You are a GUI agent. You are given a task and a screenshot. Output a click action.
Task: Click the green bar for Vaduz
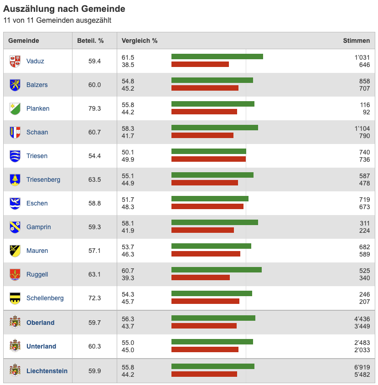pyautogui.click(x=217, y=56)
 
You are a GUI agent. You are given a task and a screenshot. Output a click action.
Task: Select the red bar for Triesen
pyautogui.click(x=208, y=159)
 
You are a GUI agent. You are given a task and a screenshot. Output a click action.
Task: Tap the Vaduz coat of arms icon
pyautogui.click(x=15, y=61)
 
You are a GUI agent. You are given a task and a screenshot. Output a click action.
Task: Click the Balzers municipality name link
pyautogui.click(x=37, y=85)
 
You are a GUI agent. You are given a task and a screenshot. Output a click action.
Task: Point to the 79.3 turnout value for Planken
pyautogui.click(x=94, y=108)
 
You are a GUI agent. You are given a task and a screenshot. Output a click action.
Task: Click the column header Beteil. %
pyautogui.click(x=90, y=41)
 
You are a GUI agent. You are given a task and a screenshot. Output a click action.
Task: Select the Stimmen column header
pyautogui.click(x=356, y=41)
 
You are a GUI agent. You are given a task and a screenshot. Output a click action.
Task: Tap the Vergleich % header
pyautogui.click(x=140, y=41)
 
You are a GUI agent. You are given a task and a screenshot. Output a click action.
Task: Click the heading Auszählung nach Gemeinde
pyautogui.click(x=64, y=9)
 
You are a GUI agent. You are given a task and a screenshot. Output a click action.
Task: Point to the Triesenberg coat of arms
pyautogui.click(x=15, y=180)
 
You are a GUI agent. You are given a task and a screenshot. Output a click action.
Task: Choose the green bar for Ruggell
pyautogui.click(x=216, y=270)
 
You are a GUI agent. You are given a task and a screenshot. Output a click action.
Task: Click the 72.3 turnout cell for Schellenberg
pyautogui.click(x=94, y=298)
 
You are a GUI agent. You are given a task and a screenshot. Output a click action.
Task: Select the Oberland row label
pyautogui.click(x=40, y=323)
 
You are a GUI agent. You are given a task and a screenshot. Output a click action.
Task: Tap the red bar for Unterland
pyautogui.click(x=205, y=349)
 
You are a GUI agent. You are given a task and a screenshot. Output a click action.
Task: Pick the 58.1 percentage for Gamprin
pyautogui.click(x=128, y=223)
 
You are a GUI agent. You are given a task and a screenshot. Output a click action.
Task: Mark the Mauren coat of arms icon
pyautogui.click(x=15, y=251)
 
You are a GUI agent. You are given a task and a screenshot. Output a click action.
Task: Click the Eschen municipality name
pyautogui.click(x=37, y=203)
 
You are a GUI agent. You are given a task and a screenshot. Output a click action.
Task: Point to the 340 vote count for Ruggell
pyautogui.click(x=364, y=278)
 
